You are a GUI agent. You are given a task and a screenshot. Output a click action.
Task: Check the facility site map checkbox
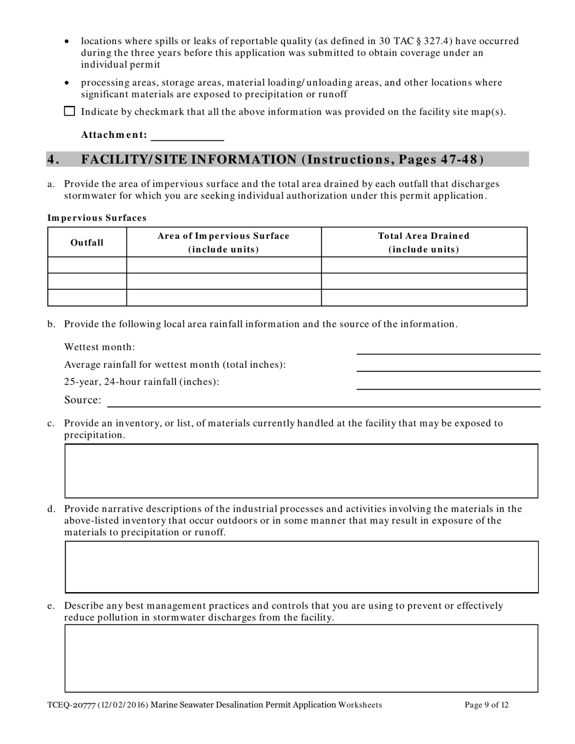(70, 111)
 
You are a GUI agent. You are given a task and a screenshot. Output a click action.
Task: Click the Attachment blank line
(187, 135)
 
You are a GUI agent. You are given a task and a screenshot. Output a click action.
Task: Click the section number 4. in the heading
(54, 160)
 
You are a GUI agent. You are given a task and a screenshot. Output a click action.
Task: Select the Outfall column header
(87, 243)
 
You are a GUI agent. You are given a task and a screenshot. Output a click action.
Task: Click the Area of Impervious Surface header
(223, 243)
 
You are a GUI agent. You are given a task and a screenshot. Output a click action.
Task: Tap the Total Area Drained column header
(423, 243)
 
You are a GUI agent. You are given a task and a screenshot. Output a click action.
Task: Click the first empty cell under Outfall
(87, 265)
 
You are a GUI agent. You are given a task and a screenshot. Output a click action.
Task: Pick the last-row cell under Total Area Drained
(423, 298)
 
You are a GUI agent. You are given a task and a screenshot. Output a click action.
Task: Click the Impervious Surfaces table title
(97, 217)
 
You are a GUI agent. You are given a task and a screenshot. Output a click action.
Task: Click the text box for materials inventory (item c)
(301, 471)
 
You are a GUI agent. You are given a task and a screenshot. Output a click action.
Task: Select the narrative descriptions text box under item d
(301, 567)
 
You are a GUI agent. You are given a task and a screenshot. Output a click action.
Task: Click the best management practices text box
(301, 658)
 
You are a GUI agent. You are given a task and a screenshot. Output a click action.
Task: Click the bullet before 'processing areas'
(67, 83)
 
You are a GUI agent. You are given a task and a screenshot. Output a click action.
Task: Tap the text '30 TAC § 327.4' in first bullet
(412, 41)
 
